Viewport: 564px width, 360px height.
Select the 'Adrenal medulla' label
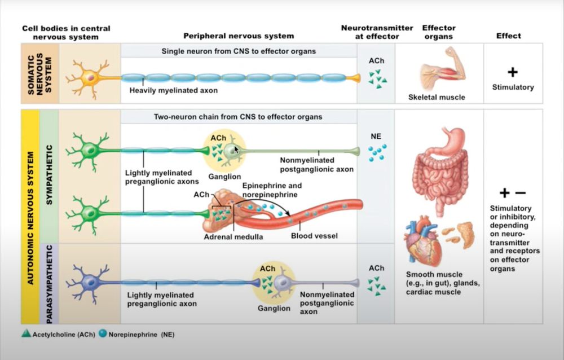point(233,236)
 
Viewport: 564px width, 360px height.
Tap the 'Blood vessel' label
point(314,236)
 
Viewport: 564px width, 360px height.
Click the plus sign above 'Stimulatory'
point(512,72)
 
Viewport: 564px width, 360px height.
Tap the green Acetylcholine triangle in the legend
point(27,334)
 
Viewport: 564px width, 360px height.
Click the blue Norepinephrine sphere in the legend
point(103,334)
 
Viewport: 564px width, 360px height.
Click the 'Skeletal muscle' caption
point(437,97)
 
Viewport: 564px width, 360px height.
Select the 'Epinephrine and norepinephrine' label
point(272,190)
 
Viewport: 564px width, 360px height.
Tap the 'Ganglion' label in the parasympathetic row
point(274,309)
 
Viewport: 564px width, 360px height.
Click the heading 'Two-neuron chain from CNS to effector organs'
point(238,117)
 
